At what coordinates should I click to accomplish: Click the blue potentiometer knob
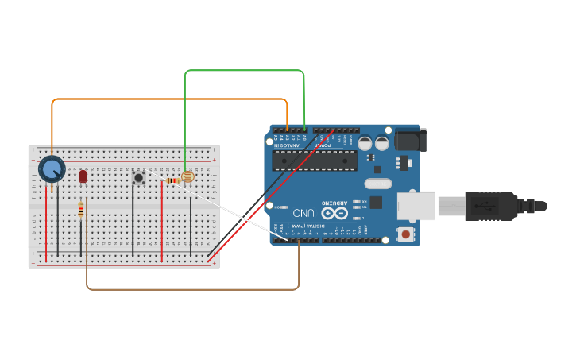(x=52, y=169)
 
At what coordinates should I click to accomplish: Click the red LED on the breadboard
(x=83, y=176)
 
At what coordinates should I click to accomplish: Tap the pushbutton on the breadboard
(x=138, y=177)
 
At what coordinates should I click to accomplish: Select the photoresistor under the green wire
(x=187, y=177)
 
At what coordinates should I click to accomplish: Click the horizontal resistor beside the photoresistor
(x=172, y=180)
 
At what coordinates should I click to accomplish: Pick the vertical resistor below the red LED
(x=80, y=210)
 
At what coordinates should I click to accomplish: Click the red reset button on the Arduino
(x=406, y=234)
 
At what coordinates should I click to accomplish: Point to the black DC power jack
(x=410, y=140)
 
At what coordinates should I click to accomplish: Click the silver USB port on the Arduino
(x=416, y=206)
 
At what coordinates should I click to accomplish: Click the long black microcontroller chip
(x=314, y=161)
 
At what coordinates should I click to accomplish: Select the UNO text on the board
(x=303, y=213)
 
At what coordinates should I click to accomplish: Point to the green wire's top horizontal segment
(x=245, y=71)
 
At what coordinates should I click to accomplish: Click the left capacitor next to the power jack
(x=365, y=143)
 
